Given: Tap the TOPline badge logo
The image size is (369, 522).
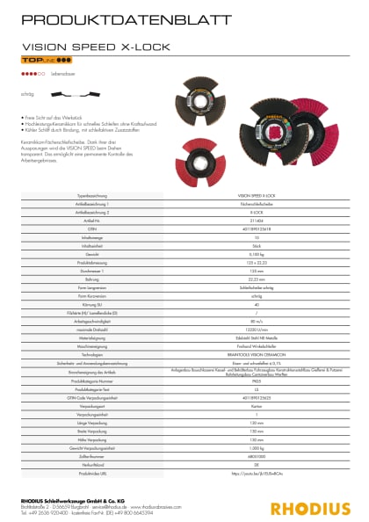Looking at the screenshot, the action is click(x=40, y=65).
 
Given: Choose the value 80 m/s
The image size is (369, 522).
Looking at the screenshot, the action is click(x=256, y=322).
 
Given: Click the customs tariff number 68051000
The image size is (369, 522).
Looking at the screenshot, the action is click(x=256, y=457).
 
